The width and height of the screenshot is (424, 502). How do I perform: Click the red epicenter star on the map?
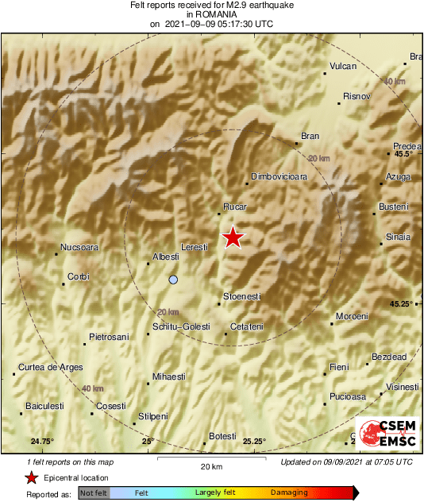pyautogui.click(x=232, y=237)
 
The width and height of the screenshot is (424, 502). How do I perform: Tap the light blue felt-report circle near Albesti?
pyautogui.click(x=173, y=280)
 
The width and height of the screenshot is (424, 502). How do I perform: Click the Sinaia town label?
pyautogui.click(x=398, y=237)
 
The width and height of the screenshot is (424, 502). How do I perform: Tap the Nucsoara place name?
pyautogui.click(x=79, y=247)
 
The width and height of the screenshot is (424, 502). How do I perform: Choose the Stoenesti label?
pyautogui.click(x=242, y=296)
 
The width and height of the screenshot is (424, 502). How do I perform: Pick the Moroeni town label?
pyautogui.click(x=353, y=316)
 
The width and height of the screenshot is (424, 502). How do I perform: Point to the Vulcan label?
pyautogui.click(x=343, y=67)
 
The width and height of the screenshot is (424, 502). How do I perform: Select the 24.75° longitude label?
pyautogui.click(x=42, y=441)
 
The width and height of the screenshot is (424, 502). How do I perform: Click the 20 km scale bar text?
pyautogui.click(x=210, y=465)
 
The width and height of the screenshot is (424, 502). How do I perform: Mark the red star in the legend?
pyautogui.click(x=31, y=477)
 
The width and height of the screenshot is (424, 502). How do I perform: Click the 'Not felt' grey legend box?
pyautogui.click(x=93, y=493)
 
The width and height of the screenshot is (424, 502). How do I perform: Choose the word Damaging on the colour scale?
pyautogui.click(x=288, y=493)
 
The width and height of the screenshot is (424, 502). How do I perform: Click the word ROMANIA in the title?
pyautogui.click(x=211, y=14)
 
